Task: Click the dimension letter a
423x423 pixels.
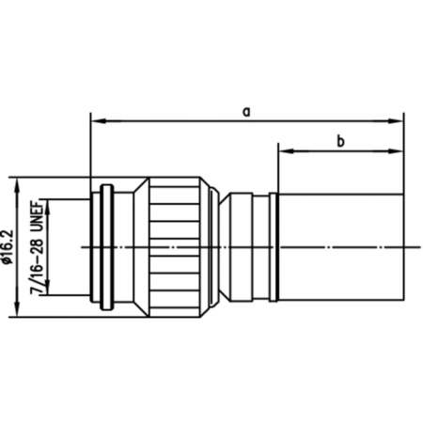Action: click(246, 111)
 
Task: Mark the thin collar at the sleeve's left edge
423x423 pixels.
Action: click(274, 246)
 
